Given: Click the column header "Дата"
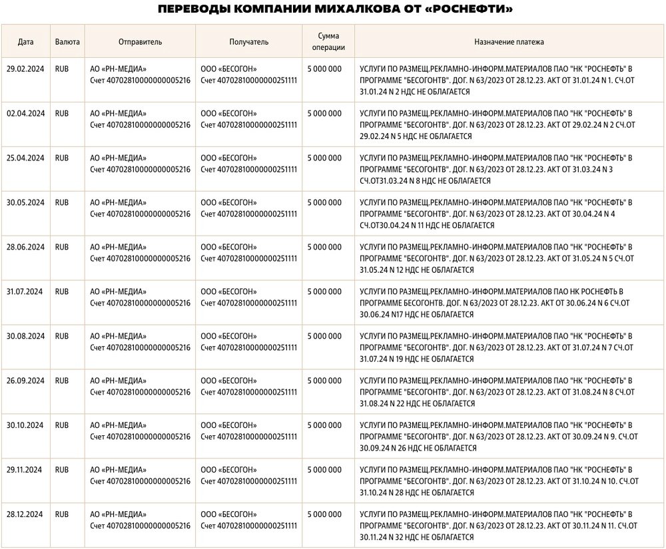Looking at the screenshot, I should pyautogui.click(x=26, y=42).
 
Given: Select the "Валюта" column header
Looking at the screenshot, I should pyautogui.click(x=67, y=42).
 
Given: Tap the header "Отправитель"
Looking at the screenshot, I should pyautogui.click(x=140, y=42).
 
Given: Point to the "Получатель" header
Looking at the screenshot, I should pyautogui.click(x=249, y=42).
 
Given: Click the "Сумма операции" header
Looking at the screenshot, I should pyautogui.click(x=328, y=42).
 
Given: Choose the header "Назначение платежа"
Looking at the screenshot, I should pyautogui.click(x=509, y=42).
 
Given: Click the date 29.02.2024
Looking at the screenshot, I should pyautogui.click(x=25, y=69).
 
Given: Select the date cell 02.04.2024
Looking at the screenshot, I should pyautogui.click(x=25, y=114).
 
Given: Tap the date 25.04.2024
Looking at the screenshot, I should pyautogui.click(x=25, y=158).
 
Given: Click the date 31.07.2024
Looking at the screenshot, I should pyautogui.click(x=25, y=292).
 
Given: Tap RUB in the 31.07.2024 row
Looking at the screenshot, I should pyautogui.click(x=62, y=292).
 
